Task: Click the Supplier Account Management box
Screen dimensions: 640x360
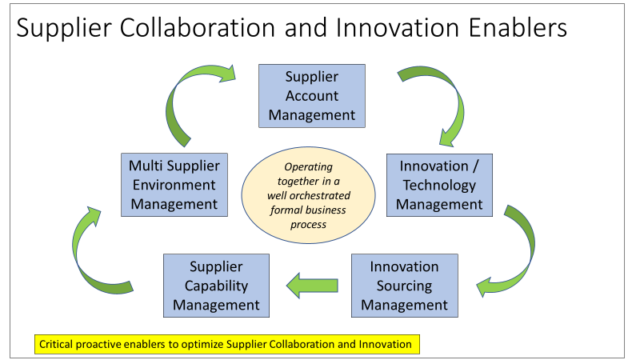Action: tap(312, 96)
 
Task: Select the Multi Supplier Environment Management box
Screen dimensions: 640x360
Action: tap(174, 185)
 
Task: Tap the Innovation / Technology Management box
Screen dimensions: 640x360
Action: tap(439, 185)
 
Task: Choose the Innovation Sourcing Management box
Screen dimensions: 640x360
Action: tap(405, 286)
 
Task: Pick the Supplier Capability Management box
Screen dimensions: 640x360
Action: tap(216, 286)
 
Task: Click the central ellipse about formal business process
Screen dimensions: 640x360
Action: tap(308, 195)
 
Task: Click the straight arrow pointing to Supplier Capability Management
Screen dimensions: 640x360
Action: tap(312, 286)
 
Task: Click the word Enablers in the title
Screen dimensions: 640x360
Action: tap(518, 28)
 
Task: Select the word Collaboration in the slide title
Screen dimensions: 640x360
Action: tap(198, 28)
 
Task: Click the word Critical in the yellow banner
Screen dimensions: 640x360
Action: tap(56, 345)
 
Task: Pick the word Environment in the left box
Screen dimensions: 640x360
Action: tap(174, 185)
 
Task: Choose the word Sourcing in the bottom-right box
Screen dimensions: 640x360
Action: tap(404, 286)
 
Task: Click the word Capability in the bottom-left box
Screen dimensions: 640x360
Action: tap(216, 286)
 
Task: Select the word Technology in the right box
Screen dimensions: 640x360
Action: tap(439, 186)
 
